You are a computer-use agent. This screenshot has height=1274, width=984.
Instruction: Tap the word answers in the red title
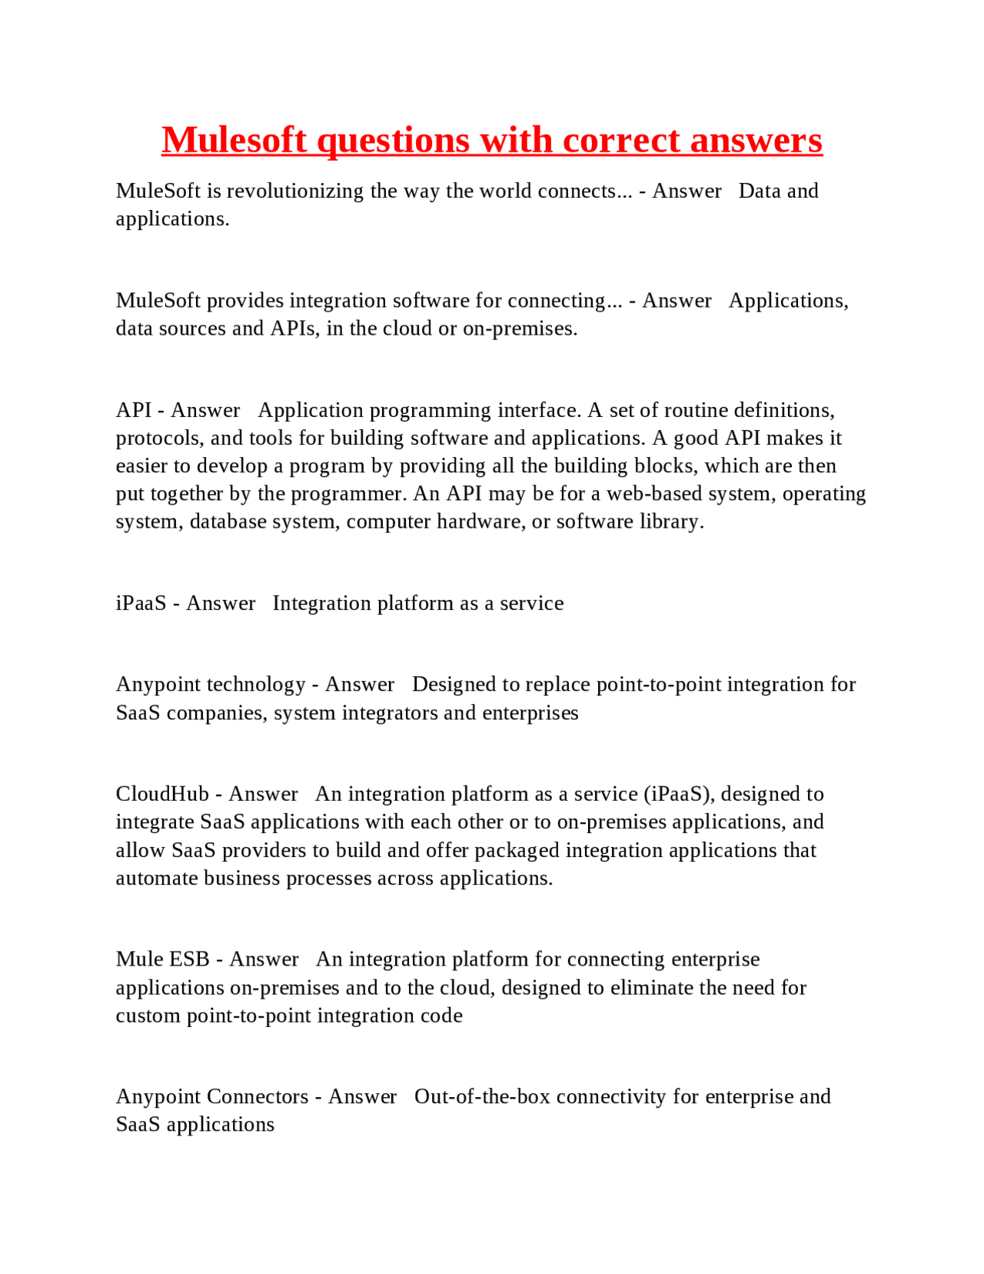756,140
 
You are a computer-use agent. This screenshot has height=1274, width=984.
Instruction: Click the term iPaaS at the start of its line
141,603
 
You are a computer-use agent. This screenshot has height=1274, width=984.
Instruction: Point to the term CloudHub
162,794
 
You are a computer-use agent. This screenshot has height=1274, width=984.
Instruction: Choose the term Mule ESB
162,959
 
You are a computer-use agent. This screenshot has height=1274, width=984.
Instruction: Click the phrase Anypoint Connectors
212,1096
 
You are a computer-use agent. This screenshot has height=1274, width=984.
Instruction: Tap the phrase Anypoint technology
211,685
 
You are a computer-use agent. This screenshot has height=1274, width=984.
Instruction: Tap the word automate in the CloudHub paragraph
156,879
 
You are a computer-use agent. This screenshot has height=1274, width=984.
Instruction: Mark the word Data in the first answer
760,191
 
